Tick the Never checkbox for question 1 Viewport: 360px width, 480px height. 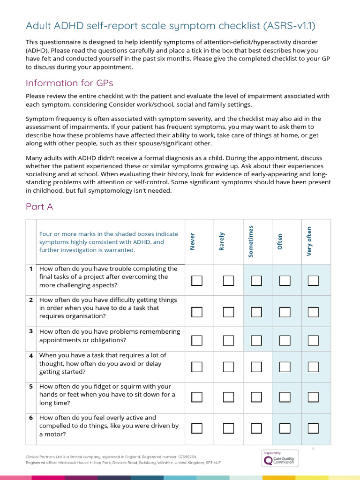pos(197,281)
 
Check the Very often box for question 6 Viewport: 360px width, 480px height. pos(313,428)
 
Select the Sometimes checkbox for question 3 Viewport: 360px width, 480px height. pos(256,340)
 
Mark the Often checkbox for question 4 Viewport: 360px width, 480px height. pos(285,367)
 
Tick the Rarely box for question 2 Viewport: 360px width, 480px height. pos(228,312)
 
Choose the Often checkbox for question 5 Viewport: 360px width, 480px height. pos(285,397)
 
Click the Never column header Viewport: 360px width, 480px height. pos(193,241)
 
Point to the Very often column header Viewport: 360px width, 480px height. pos(309,241)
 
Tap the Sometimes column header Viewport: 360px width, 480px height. pos(251,241)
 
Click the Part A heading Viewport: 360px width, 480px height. pos(39,207)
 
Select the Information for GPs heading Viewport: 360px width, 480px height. pos(69,83)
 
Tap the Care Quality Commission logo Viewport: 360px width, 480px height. pos(279,458)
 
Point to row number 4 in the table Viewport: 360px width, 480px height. pos(31,356)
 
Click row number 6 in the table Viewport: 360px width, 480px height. pos(31,418)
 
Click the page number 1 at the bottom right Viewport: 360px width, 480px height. pos(313,449)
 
